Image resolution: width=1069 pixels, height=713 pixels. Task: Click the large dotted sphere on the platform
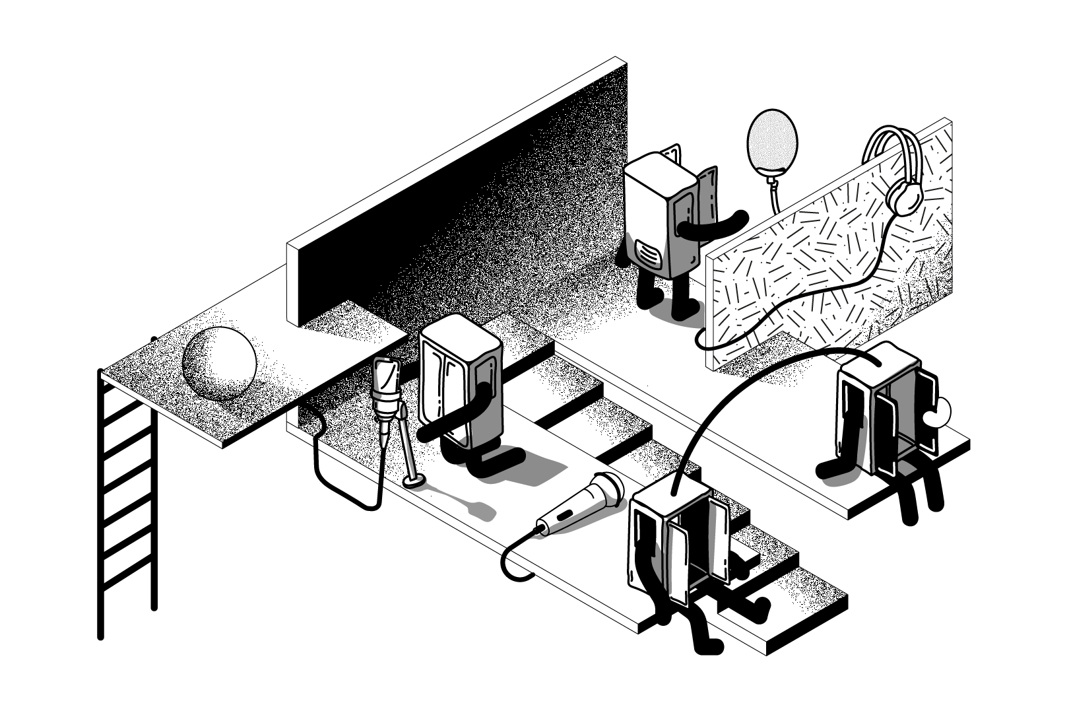tap(218, 364)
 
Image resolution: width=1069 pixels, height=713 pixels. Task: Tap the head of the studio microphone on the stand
tap(386, 376)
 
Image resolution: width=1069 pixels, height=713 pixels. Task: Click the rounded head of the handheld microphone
tap(608, 489)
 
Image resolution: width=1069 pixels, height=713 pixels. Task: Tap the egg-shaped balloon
tap(771, 141)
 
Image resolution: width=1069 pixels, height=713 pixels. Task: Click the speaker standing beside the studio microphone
tap(461, 383)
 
